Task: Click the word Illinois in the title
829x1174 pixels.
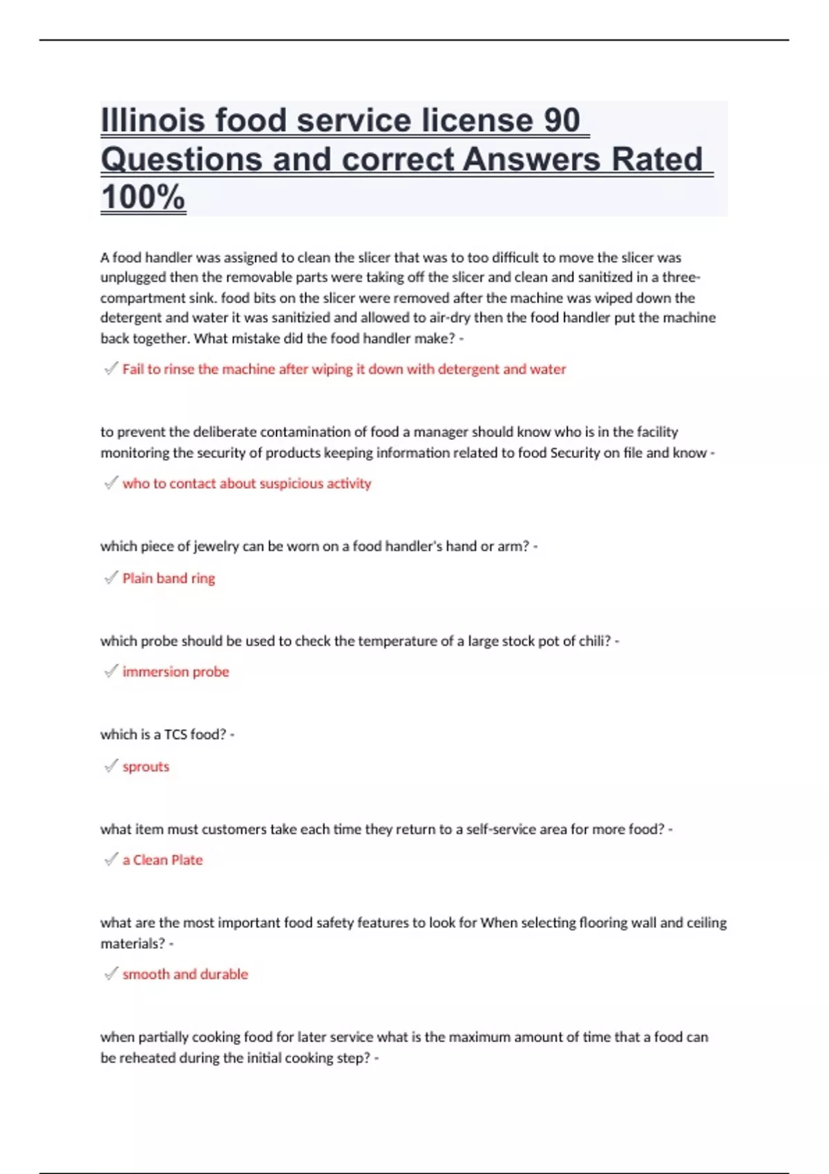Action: [153, 120]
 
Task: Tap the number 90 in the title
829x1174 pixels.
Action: [562, 120]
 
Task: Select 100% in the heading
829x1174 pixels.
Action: [143, 197]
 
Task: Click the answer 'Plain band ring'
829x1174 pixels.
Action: [169, 578]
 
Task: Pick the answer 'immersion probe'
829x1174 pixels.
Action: [175, 671]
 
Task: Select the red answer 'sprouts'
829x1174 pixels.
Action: [146, 767]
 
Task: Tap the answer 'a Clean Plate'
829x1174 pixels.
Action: [162, 860]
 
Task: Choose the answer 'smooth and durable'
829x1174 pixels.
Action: [185, 974]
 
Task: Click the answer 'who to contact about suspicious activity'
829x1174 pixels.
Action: [247, 483]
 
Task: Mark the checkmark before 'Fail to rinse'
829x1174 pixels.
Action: [111, 368]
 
